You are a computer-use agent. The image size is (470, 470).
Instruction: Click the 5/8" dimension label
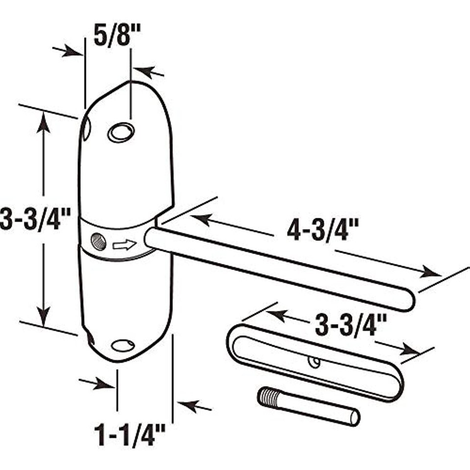pos(117,35)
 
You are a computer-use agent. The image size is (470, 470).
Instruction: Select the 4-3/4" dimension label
pos(319,230)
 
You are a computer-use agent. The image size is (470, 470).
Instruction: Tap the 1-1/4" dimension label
pos(130,435)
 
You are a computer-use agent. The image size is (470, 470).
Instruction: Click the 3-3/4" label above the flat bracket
pos(351,325)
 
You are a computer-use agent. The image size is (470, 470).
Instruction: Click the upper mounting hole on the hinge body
pos(121,132)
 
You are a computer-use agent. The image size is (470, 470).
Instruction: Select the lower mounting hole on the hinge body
pos(123,346)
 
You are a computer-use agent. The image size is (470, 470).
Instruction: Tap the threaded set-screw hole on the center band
pos(98,242)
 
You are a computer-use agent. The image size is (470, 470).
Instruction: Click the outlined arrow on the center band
pos(124,245)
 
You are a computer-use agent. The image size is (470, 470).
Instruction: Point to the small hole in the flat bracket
pos(314,362)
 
